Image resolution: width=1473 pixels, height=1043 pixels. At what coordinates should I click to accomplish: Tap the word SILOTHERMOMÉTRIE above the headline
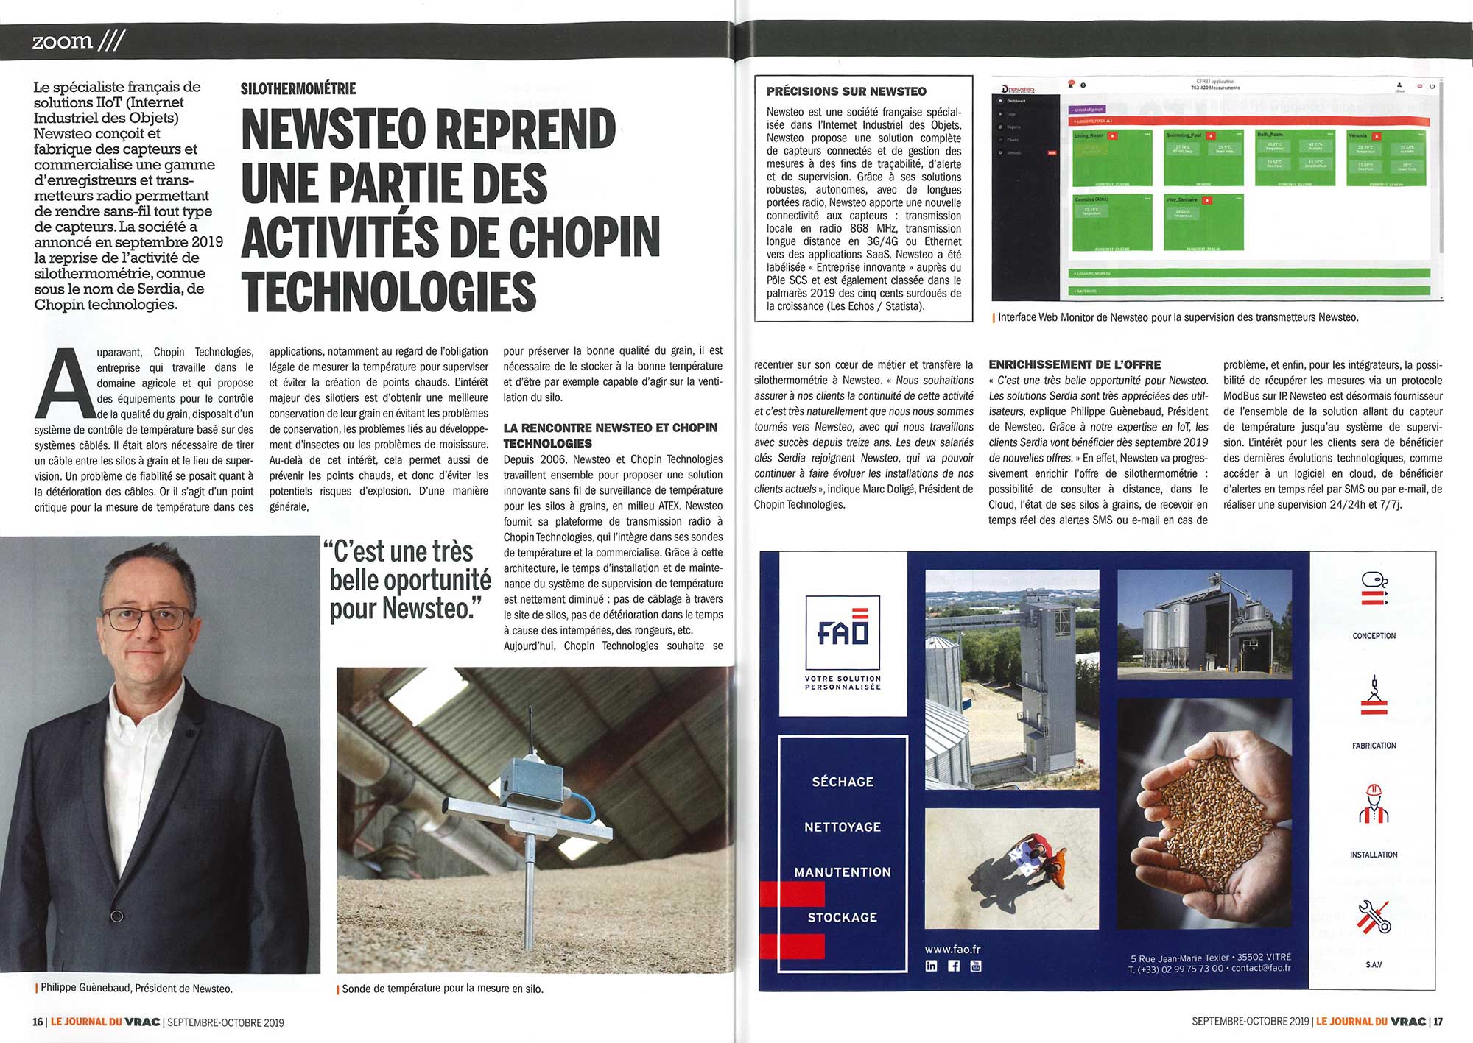298,89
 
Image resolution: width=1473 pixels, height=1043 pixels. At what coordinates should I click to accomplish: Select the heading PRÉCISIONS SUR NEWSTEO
846,91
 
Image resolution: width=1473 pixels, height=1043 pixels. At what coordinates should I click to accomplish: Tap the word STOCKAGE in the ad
843,917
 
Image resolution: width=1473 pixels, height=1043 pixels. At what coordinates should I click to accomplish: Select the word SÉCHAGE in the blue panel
843,782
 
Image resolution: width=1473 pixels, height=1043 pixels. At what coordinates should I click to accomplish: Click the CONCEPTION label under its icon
1374,636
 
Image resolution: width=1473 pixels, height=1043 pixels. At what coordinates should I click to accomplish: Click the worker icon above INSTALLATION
1374,805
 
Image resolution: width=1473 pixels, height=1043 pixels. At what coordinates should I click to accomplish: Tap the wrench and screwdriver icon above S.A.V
1374,916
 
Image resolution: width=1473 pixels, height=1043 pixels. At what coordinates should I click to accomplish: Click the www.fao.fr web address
952,950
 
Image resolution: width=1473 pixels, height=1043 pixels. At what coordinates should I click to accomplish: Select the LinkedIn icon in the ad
931,966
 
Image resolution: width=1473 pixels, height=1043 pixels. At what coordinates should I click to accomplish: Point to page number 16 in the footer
38,1022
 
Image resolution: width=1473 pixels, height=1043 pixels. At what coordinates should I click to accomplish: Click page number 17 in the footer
1438,1022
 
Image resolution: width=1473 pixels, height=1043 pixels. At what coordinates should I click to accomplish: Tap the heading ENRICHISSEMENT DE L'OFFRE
1075,365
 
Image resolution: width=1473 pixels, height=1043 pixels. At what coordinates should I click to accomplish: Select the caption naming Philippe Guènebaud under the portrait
136,989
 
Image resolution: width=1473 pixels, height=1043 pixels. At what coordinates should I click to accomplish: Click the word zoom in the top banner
63,41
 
